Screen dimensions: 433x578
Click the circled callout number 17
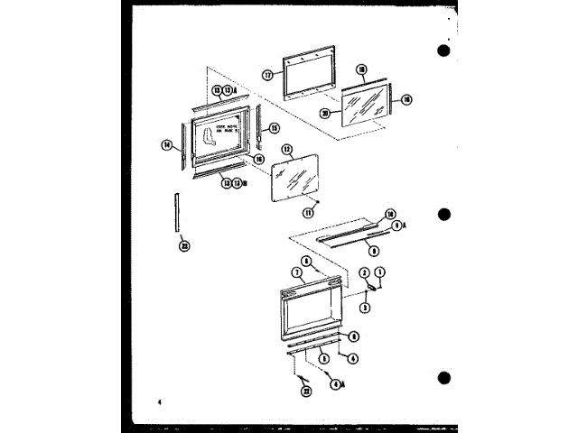(268, 76)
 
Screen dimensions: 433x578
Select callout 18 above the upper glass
(361, 69)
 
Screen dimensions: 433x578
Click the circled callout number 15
(275, 128)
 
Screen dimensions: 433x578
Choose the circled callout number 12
(286, 149)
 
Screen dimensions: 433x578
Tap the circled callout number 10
(391, 214)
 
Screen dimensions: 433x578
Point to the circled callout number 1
(380, 272)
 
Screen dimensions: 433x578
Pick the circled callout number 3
(365, 307)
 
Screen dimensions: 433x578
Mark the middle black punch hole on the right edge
(443, 215)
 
